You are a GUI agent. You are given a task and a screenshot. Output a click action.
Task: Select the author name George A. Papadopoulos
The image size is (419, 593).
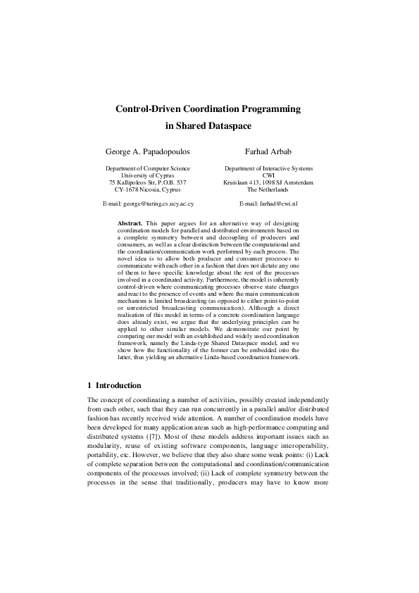point(147,151)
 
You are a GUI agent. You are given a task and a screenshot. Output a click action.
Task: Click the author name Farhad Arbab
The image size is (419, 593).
point(268,151)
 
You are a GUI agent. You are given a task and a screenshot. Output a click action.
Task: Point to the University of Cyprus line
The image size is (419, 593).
point(148,176)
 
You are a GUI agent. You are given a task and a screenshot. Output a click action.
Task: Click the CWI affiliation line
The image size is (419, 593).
point(268,176)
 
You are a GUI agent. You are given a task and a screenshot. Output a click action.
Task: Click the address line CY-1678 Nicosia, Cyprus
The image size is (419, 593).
point(147,190)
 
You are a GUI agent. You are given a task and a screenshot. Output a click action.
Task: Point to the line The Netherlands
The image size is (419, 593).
point(268,190)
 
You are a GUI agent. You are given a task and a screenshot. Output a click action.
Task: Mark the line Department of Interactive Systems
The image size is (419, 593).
point(268,169)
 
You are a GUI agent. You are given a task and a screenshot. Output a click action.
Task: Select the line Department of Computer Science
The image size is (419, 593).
point(148,169)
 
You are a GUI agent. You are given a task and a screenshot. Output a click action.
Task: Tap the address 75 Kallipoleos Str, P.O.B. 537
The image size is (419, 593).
point(148,183)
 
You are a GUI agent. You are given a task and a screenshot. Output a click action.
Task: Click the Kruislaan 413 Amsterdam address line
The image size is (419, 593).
point(268,183)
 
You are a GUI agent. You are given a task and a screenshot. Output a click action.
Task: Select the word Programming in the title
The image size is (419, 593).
point(270,110)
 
